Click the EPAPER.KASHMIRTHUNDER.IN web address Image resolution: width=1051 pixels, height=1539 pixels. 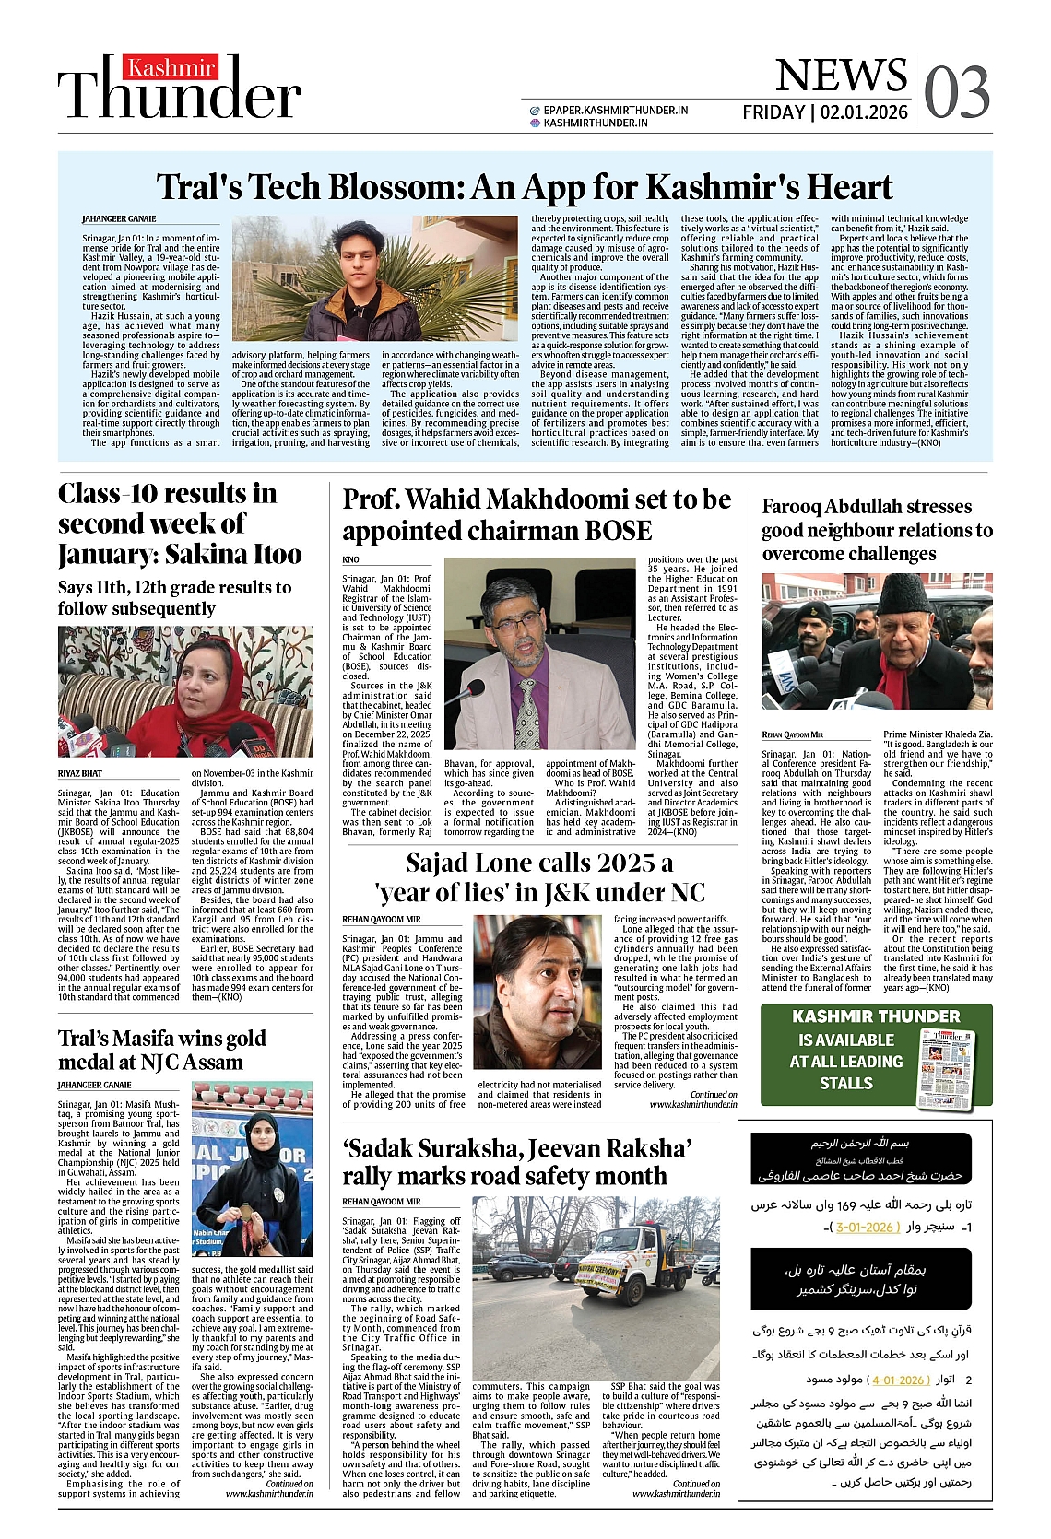click(x=615, y=110)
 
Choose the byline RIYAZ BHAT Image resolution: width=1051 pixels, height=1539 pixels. click(x=80, y=773)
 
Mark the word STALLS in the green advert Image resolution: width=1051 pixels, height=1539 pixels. click(x=845, y=1083)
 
